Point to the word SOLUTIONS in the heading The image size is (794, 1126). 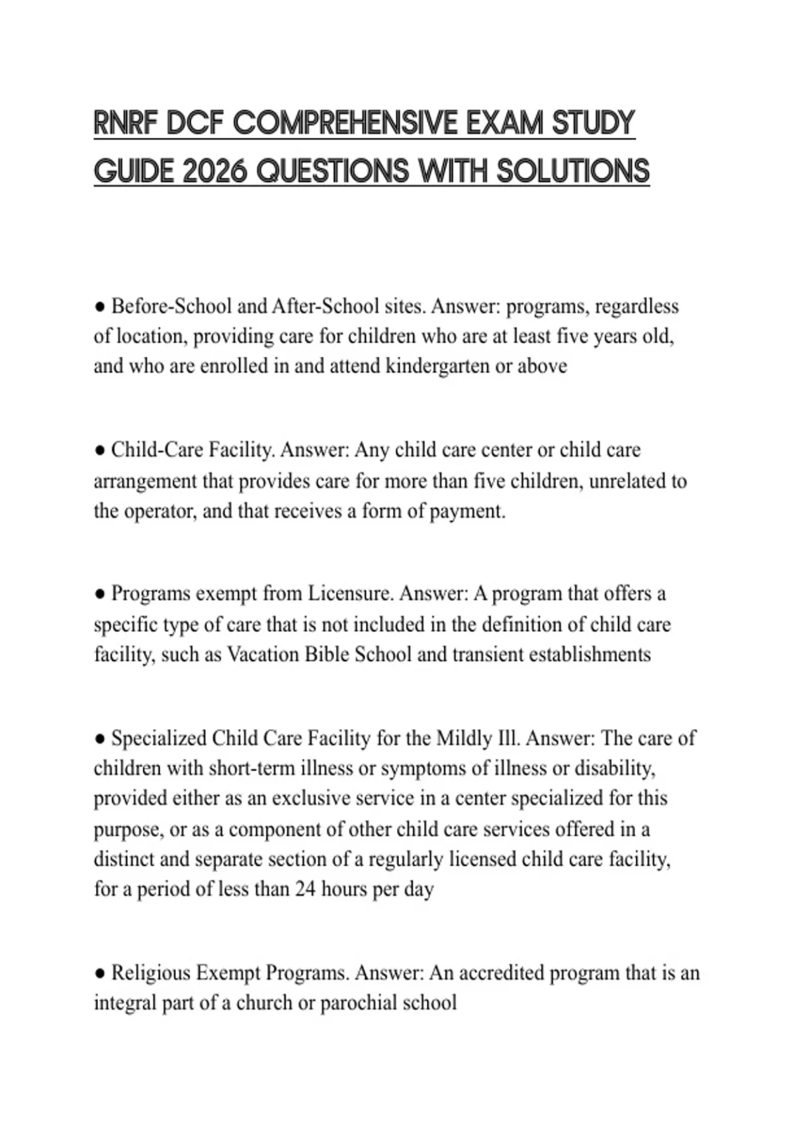pyautogui.click(x=572, y=172)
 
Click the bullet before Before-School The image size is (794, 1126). pyautogui.click(x=100, y=307)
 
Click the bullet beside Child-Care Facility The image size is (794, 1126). pyautogui.click(x=100, y=451)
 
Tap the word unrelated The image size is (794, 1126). pyautogui.click(x=629, y=481)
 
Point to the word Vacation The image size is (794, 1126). pyautogui.click(x=263, y=654)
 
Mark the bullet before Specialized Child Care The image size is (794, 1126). pyautogui.click(x=100, y=739)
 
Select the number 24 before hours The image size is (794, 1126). pyautogui.click(x=305, y=889)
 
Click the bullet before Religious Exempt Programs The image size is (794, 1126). pyautogui.click(x=100, y=974)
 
